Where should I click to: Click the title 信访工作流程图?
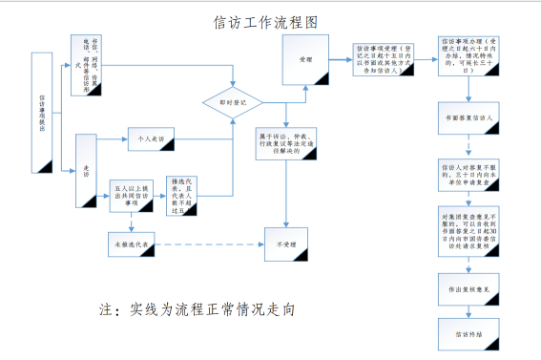[x=267, y=20]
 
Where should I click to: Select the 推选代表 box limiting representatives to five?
[x=186, y=193]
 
